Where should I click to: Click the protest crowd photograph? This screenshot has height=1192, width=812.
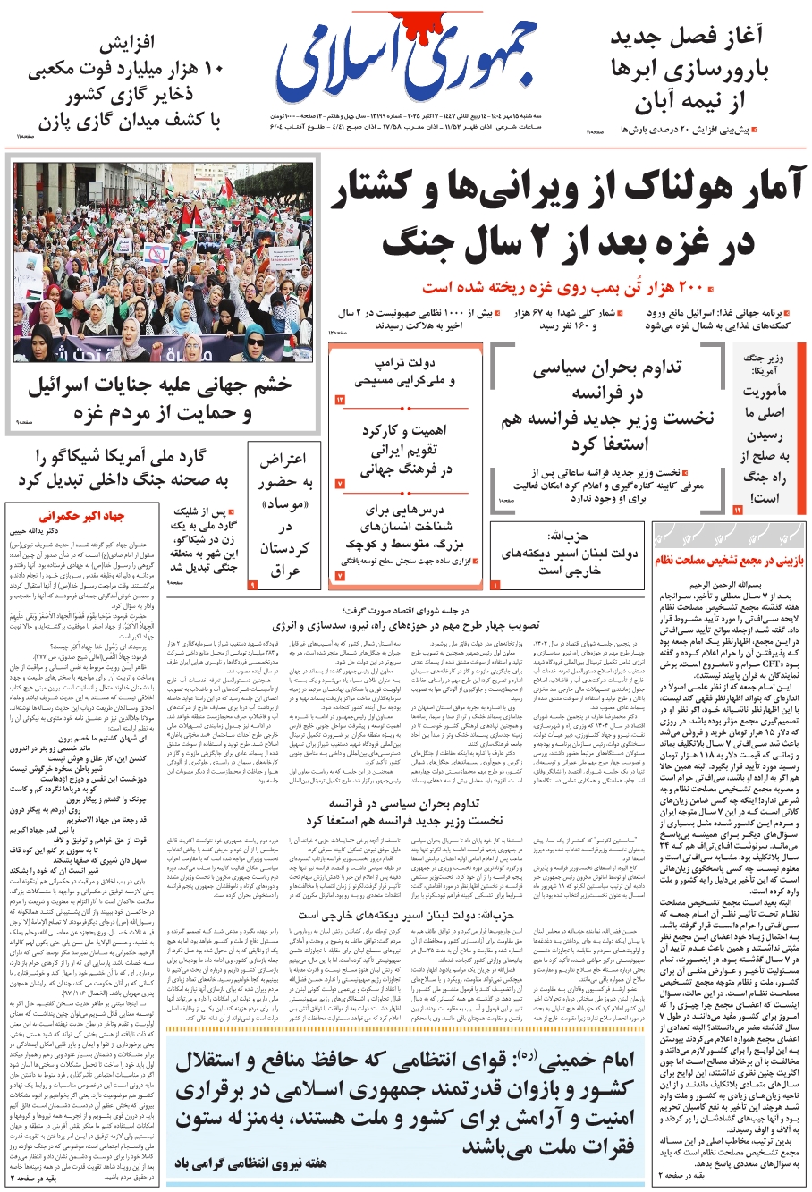pos(164,261)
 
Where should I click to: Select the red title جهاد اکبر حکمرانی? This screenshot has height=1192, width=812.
pos(81,516)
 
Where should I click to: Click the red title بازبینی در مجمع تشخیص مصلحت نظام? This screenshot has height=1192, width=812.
pos(728,561)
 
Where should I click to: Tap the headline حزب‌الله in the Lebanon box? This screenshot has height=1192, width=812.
pos(568,537)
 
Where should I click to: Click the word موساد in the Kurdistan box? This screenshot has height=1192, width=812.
pos(285,507)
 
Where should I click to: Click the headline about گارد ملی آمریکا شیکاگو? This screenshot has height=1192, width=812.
pos(122,469)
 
